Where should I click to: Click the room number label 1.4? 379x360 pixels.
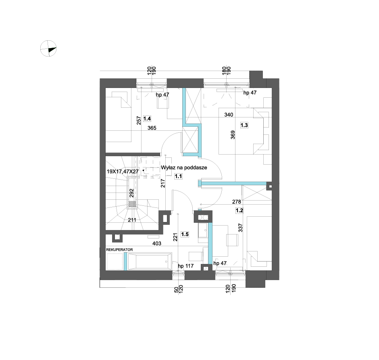coord(147,119)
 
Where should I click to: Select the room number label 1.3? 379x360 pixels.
coord(244,125)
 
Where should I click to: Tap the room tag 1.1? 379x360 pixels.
coord(178,176)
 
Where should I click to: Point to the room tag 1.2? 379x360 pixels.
coord(239,211)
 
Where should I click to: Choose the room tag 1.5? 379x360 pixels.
coord(185,234)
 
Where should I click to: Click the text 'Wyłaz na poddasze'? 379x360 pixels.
coord(184,167)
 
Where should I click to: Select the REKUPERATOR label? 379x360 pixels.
coord(119,249)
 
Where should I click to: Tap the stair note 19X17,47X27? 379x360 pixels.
coord(123,172)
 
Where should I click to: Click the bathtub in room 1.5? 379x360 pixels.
coord(150,262)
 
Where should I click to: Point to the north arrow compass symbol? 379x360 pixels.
coord(48,48)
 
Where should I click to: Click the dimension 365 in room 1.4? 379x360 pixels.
coord(152,128)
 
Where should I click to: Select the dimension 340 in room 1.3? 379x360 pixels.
coord(229,115)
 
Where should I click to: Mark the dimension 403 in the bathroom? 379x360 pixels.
coord(156,243)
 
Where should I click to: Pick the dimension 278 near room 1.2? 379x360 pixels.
coord(236,201)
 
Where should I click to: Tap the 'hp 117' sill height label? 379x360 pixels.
coord(185,266)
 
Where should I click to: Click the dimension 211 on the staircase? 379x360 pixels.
coord(132,220)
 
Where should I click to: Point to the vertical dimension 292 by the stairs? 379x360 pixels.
coord(132,193)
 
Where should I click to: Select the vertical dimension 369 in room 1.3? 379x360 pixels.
coord(233,135)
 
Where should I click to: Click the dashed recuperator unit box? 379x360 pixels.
coord(115,261)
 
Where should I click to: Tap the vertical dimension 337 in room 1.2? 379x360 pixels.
coord(240,228)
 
